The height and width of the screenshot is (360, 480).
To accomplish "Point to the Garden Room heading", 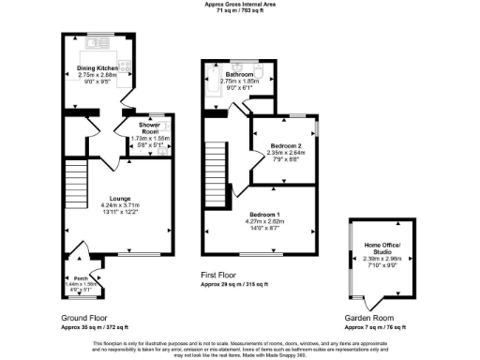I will [x=370, y=320].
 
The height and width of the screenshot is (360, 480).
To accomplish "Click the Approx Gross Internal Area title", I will [x=239, y=5].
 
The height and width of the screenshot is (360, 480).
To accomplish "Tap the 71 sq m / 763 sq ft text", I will [x=239, y=10].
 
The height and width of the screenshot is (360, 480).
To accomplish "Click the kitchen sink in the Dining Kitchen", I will [x=97, y=43].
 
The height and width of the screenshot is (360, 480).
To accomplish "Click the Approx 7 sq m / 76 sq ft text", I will [x=370, y=326].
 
